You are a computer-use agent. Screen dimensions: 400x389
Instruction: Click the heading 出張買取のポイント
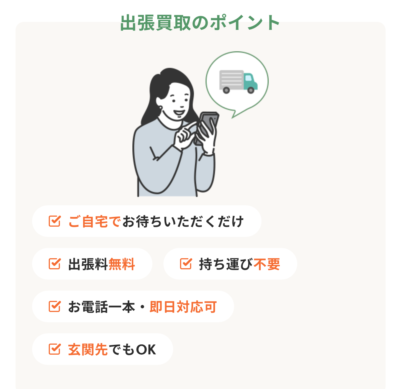tap(200, 23)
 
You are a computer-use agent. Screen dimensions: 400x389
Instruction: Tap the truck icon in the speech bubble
tap(239, 82)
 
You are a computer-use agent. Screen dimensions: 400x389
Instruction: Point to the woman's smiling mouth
tap(179, 112)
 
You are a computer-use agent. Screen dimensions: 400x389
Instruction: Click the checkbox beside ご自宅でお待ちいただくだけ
tap(55, 221)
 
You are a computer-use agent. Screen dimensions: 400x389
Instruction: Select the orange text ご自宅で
tap(94, 221)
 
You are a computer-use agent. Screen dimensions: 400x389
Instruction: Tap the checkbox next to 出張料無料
tap(55, 264)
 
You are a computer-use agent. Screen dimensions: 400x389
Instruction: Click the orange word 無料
tap(122, 264)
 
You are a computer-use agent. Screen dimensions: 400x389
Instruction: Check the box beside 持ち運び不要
tap(186, 264)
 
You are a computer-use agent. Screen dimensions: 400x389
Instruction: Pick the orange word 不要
tap(267, 264)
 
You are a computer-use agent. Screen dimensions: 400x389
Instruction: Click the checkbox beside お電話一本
tap(55, 306)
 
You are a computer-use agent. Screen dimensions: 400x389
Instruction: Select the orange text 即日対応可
tap(183, 307)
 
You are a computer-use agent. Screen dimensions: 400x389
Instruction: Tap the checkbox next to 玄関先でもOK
tap(55, 349)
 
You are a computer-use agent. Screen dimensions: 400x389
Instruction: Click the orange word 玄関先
tap(88, 349)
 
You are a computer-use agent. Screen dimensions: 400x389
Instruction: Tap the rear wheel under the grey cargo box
tap(226, 90)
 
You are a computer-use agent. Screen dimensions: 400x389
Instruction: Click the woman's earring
tap(160, 108)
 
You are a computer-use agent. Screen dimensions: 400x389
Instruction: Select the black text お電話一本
tap(102, 307)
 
